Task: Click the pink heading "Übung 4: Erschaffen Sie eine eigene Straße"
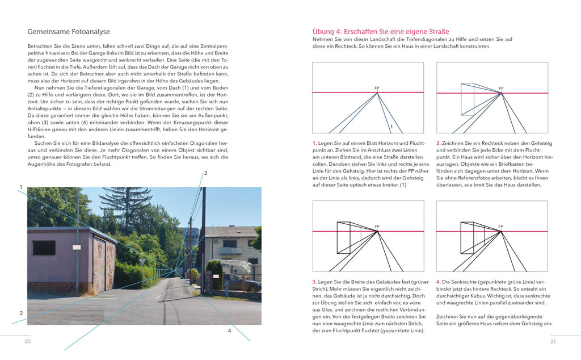pos(381,31)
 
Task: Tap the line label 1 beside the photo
pos(21,187)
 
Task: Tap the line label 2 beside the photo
pos(21,313)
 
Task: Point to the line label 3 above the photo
pos(205,173)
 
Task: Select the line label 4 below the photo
pos(229,330)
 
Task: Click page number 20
pos(27,341)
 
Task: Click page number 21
pos(553,341)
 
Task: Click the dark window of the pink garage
pos(44,248)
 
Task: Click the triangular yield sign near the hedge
pos(142,261)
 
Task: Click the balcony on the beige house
pos(231,251)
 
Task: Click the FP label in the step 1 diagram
pos(377,88)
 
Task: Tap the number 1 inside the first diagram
pos(391,126)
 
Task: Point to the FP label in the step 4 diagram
pos(500,227)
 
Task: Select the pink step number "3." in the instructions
pos(314,281)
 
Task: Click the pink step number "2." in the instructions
pos(438,143)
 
